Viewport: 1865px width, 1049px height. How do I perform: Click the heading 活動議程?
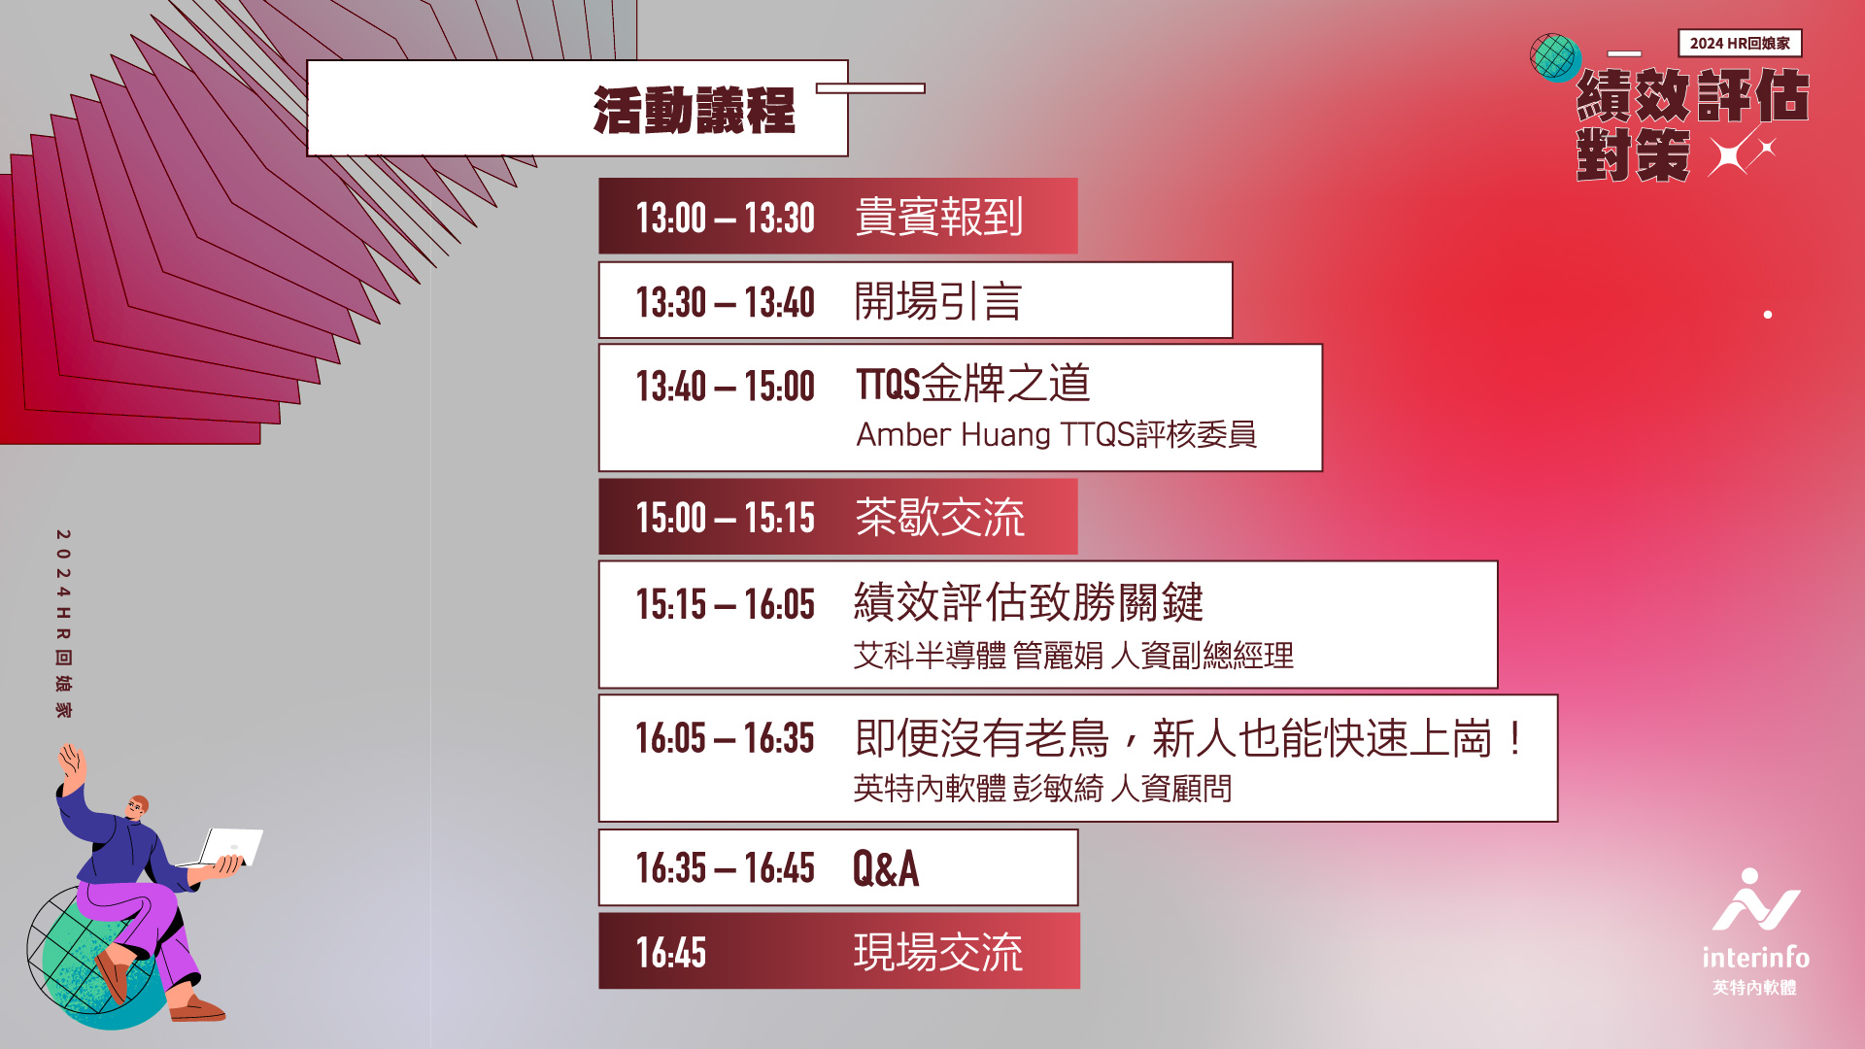(694, 110)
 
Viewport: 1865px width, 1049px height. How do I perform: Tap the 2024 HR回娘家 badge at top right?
(1740, 43)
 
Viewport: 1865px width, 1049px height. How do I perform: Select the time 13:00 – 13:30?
(725, 218)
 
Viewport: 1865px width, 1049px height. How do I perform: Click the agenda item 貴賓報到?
(938, 217)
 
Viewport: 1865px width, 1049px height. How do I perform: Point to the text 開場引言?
(937, 301)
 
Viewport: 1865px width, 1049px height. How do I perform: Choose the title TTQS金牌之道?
(972, 383)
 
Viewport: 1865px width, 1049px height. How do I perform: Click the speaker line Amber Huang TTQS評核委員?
(1056, 434)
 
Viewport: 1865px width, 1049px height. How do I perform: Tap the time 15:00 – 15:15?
(725, 518)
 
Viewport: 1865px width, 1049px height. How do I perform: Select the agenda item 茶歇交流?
(939, 517)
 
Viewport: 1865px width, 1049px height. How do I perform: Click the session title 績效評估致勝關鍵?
(1029, 602)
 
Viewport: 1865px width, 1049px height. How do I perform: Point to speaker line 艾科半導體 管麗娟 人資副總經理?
(1073, 656)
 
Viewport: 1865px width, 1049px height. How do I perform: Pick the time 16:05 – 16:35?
(725, 738)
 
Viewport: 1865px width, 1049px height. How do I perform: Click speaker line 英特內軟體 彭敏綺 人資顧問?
(1042, 788)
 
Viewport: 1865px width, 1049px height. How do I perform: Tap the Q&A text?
(886, 868)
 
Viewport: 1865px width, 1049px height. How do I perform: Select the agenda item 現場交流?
(938, 952)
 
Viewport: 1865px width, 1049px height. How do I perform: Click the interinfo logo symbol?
(1755, 900)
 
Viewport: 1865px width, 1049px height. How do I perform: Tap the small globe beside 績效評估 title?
(1555, 57)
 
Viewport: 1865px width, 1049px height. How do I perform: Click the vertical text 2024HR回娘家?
(63, 624)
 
